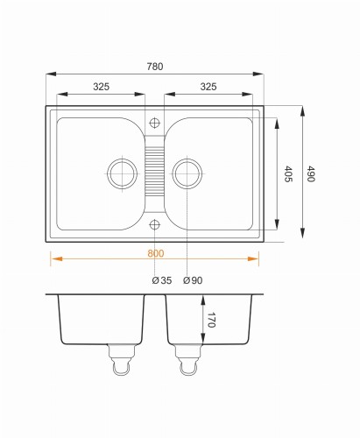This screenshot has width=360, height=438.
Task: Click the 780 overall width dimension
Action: point(155,67)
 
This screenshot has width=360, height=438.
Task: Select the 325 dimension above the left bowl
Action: point(101,87)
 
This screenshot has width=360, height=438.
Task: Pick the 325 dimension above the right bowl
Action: point(208,87)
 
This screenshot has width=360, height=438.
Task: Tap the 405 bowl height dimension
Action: point(288,173)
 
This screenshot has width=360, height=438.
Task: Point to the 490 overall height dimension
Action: point(310,173)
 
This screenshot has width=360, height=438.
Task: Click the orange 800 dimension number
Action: point(156,253)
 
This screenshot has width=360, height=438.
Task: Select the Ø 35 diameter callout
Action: point(162,280)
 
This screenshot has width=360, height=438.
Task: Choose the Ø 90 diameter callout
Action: point(193,280)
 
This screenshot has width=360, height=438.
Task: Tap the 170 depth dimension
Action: point(211,320)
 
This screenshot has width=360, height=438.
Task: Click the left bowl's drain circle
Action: point(122,159)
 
